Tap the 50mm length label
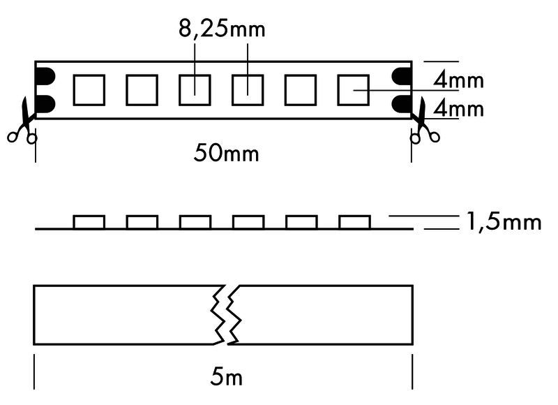pyautogui.click(x=226, y=153)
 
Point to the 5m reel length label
pyautogui.click(x=226, y=378)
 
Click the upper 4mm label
pyautogui.click(x=458, y=80)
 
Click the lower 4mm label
pyautogui.click(x=458, y=109)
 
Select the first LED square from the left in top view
pyautogui.click(x=89, y=89)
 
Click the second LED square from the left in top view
pyautogui.click(x=142, y=89)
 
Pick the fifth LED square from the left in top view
pyautogui.click(x=301, y=89)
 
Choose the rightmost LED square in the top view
pyautogui.click(x=354, y=89)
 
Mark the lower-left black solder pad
pyautogui.click(x=45, y=104)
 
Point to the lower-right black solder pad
pyautogui.click(x=402, y=104)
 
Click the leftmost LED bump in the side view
pyautogui.click(x=89, y=222)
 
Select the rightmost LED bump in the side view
pyautogui.click(x=354, y=222)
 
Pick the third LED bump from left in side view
pyautogui.click(x=195, y=222)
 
